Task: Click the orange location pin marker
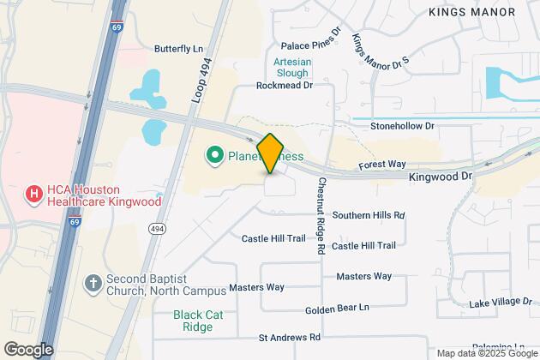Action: [x=269, y=153]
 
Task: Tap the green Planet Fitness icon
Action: [x=213, y=155]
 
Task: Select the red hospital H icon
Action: [x=33, y=194]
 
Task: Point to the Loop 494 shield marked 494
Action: [x=158, y=227]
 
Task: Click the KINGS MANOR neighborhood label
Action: [x=471, y=11]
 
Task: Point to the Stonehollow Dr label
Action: [x=403, y=126]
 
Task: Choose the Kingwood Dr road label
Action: [x=441, y=176]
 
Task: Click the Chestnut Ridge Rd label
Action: [x=321, y=214]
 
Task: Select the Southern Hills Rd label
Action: [x=369, y=215]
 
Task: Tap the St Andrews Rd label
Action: [x=289, y=338]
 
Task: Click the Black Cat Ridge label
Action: [x=198, y=321]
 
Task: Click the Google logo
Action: [x=28, y=349]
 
